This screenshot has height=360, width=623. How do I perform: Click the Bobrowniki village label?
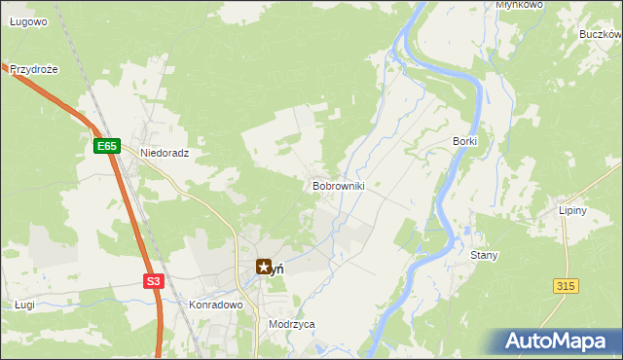click(338, 185)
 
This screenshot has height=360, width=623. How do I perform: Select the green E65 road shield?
click(106, 146)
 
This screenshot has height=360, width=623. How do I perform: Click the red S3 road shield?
click(153, 281)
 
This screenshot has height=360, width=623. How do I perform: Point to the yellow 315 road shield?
click(566, 284)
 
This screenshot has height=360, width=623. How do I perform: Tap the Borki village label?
click(464, 141)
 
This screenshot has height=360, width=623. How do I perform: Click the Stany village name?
click(484, 255)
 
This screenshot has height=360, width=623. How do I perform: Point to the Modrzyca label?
click(292, 325)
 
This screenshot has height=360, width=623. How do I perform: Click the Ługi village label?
click(24, 305)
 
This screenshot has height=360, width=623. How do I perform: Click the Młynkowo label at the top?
click(518, 5)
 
